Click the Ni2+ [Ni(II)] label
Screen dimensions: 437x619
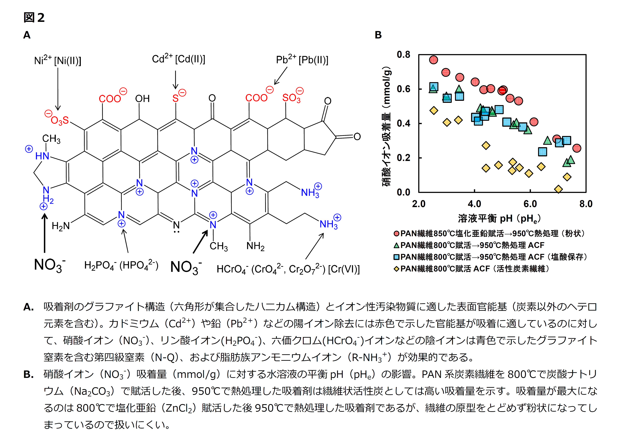pos(58,60)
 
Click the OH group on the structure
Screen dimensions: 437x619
pos(142,99)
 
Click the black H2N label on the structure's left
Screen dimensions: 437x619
pos(61,226)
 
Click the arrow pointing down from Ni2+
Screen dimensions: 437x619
pos(58,89)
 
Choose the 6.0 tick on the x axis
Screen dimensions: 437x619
pos(530,204)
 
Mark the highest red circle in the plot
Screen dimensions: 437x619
pos(433,60)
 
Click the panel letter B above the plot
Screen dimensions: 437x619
pos(378,35)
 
